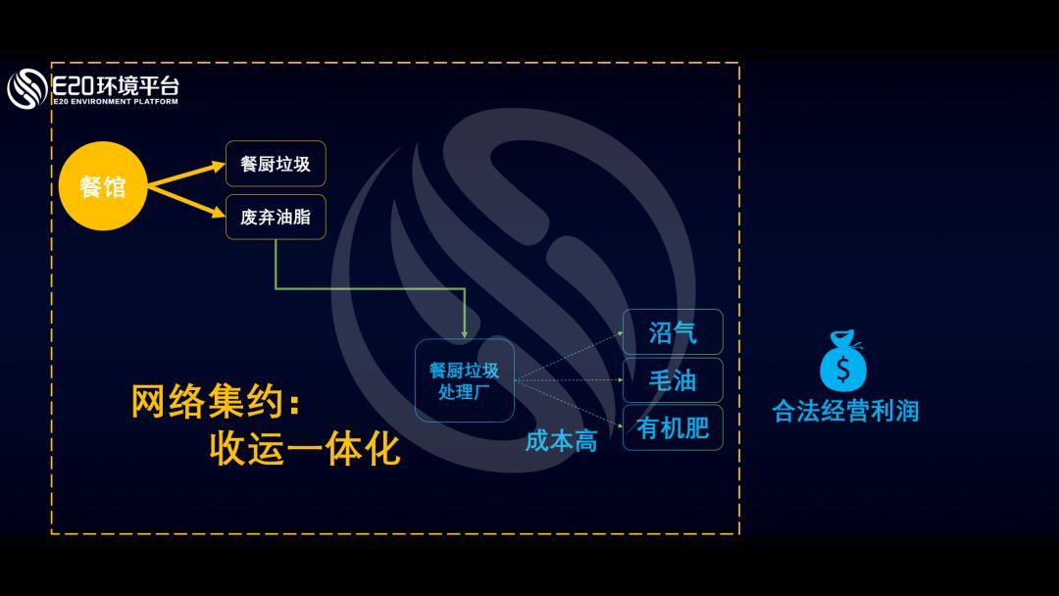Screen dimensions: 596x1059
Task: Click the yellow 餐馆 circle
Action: (102, 186)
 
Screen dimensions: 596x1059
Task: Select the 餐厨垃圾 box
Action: (276, 164)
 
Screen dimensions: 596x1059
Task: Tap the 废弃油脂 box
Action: (276, 217)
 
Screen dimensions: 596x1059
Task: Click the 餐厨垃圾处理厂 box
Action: (464, 380)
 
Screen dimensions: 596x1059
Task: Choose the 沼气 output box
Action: (673, 332)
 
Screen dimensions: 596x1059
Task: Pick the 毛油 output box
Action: (673, 380)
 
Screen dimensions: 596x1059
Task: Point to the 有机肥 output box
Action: (673, 428)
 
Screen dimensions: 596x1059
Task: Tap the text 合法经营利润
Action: (845, 410)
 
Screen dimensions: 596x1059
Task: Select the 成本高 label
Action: (561, 441)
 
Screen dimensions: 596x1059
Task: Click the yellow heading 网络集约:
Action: (215, 402)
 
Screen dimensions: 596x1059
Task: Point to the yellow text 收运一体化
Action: (305, 449)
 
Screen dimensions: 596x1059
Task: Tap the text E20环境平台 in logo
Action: (116, 84)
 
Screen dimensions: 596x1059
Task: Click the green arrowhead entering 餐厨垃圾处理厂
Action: (464, 331)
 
